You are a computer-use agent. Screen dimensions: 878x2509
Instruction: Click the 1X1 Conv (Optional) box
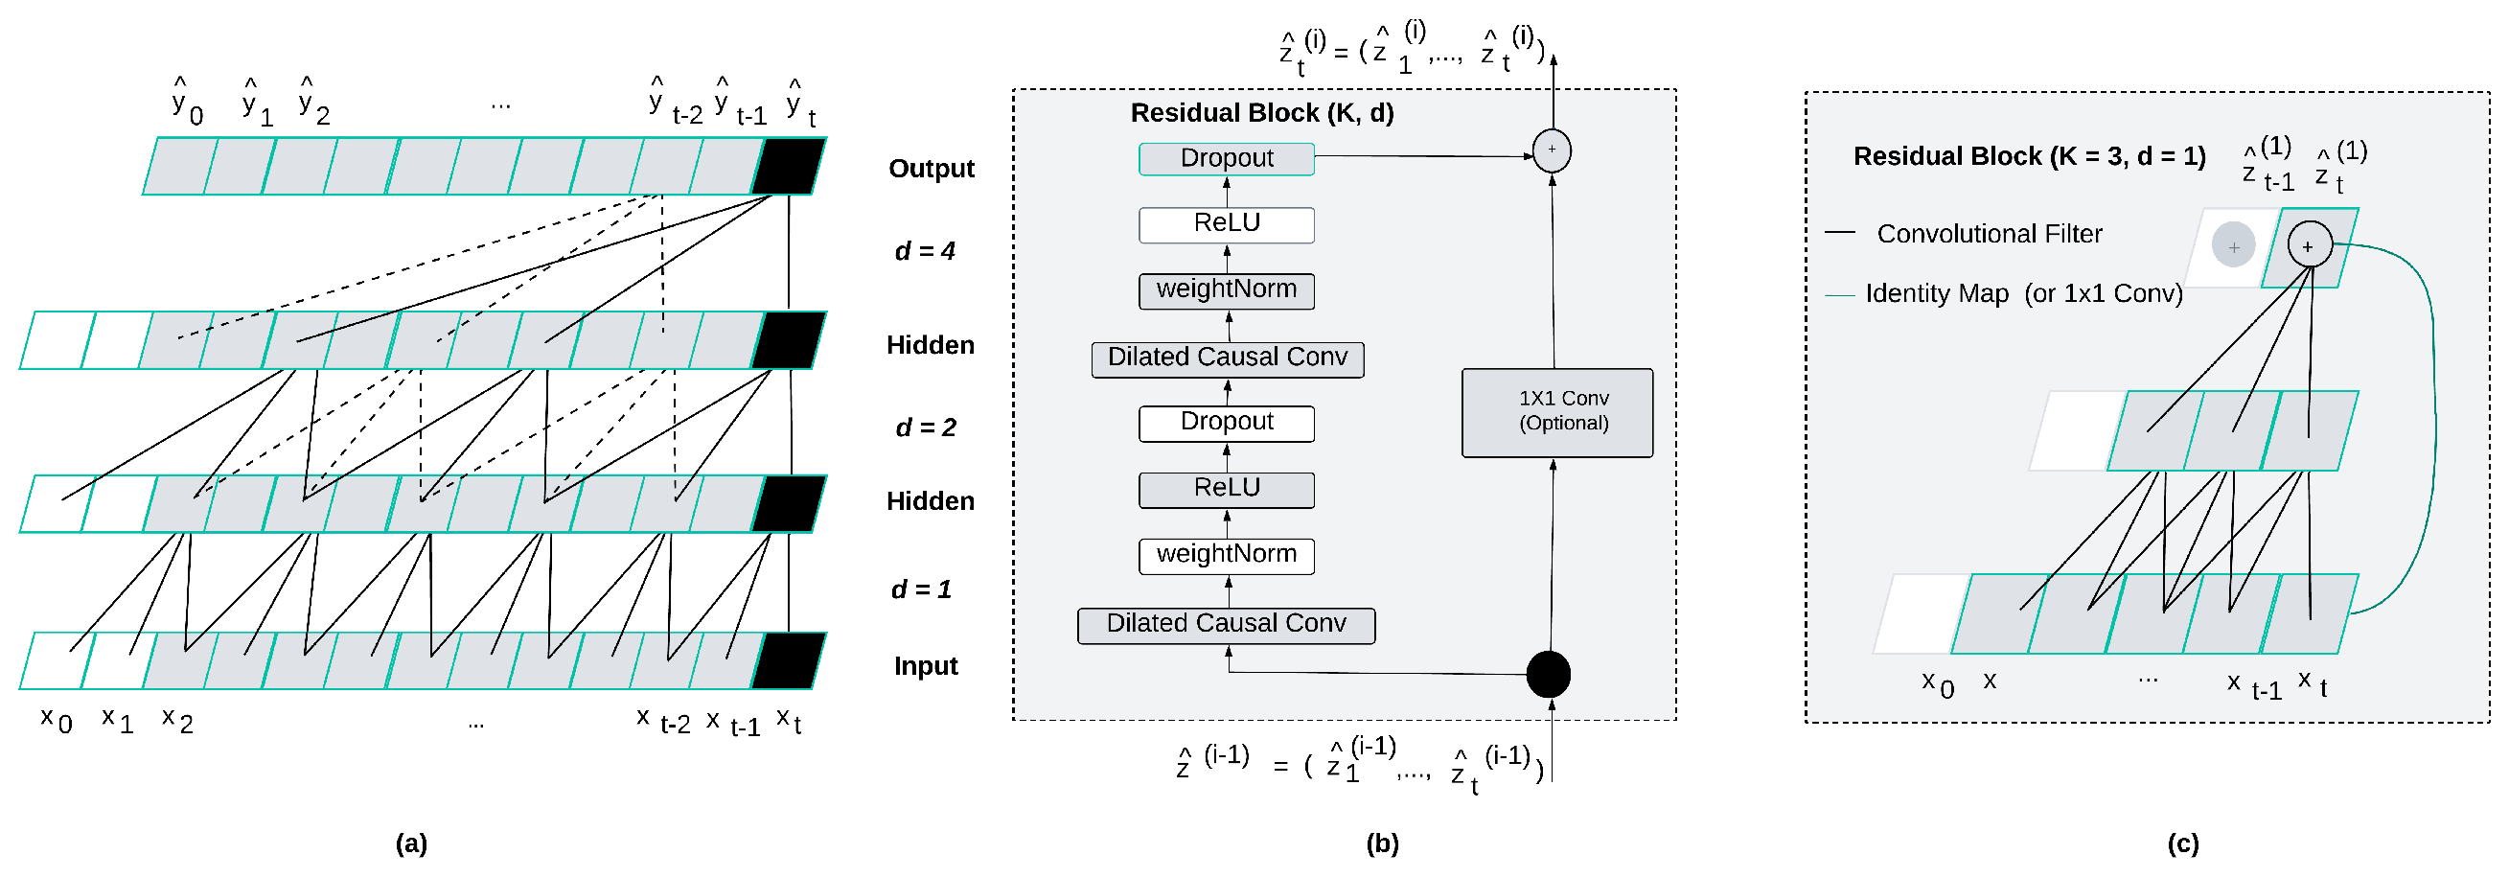[x=1556, y=412]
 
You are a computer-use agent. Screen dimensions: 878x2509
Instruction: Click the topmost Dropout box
[x=1227, y=159]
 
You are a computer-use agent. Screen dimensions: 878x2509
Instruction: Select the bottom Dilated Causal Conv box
[x=1227, y=625]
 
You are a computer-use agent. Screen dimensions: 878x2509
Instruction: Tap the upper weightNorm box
[x=1227, y=290]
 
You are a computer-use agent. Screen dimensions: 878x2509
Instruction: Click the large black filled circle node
[x=1548, y=675]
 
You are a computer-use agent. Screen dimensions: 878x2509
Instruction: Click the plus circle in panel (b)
[x=1552, y=150]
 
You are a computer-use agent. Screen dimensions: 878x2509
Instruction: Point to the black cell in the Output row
[x=788, y=167]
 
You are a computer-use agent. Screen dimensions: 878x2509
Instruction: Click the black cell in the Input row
[x=788, y=660]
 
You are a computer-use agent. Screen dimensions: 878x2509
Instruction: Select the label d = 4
[x=924, y=251]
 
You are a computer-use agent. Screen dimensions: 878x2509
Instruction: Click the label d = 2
[x=924, y=427]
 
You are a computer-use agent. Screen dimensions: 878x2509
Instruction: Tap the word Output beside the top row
[x=932, y=169]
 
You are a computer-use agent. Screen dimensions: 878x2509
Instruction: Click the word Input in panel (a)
[x=925, y=666]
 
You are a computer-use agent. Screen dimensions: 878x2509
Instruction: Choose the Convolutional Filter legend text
[x=1989, y=234]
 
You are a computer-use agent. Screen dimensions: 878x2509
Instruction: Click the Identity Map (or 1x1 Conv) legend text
[x=2023, y=293]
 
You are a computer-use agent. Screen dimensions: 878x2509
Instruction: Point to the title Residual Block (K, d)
[x=1261, y=113]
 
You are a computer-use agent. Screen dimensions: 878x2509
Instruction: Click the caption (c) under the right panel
[x=2183, y=843]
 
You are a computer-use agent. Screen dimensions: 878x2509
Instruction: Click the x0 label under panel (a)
[x=56, y=721]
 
